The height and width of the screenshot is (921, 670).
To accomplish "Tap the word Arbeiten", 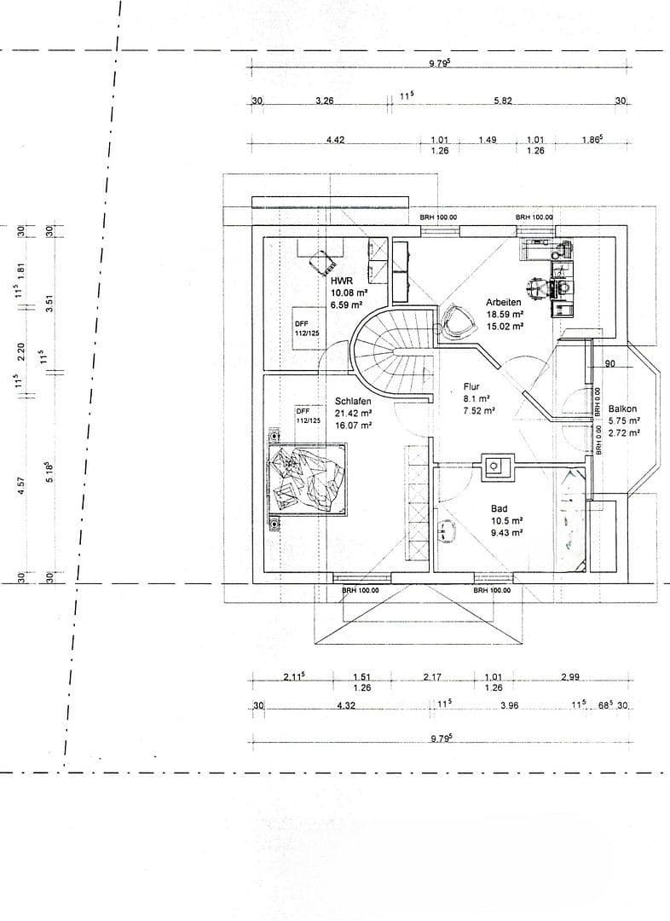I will pyautogui.click(x=504, y=302).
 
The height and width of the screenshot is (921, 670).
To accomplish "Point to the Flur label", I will pyautogui.click(x=471, y=386).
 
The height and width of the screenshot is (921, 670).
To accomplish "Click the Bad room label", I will pyautogui.click(x=499, y=507).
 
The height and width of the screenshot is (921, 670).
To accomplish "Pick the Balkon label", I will pyautogui.click(x=622, y=408).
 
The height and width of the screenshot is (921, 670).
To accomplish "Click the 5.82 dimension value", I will pyautogui.click(x=502, y=101).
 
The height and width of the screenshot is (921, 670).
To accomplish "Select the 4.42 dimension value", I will pyautogui.click(x=335, y=140).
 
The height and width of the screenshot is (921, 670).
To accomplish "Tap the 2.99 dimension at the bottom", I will pyautogui.click(x=570, y=677).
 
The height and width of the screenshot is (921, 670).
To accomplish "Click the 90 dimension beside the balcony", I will pyautogui.click(x=609, y=364).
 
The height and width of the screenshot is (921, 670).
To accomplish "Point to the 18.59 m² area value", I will pyautogui.click(x=504, y=314).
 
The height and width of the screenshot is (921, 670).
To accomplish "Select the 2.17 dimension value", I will pyautogui.click(x=432, y=677).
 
